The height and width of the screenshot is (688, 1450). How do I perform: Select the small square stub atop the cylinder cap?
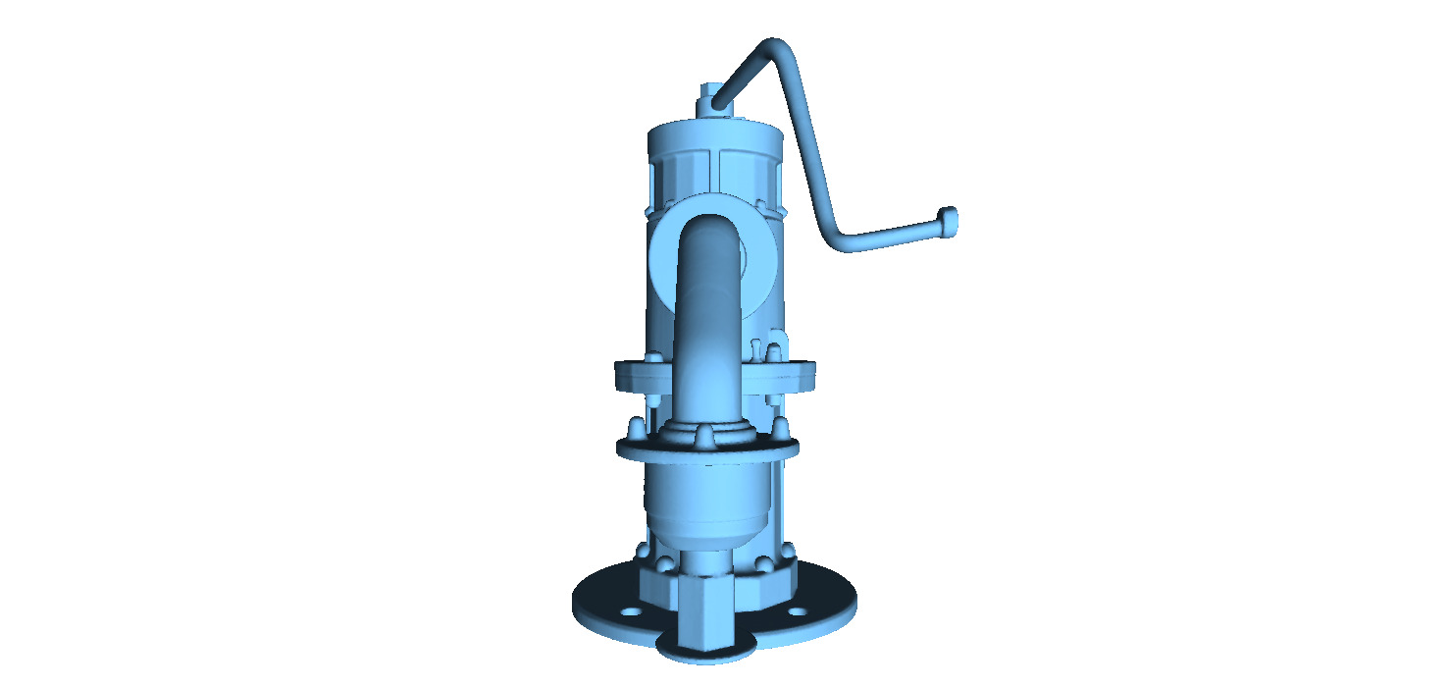[x=709, y=98]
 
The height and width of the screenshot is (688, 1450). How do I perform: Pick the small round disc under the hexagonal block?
[x=706, y=653]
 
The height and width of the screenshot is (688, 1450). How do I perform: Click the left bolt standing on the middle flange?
[x=636, y=428]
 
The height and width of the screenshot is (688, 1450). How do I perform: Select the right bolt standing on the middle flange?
[x=781, y=427]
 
